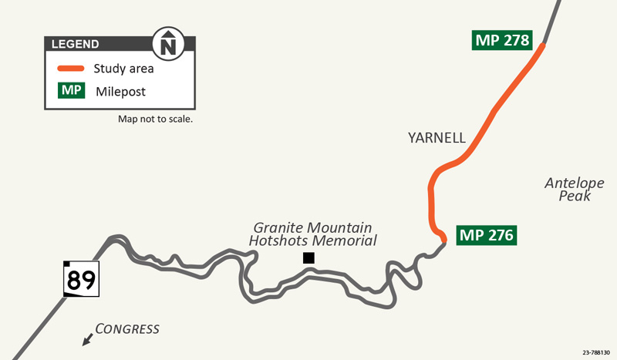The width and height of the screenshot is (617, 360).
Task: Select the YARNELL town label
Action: coord(437,138)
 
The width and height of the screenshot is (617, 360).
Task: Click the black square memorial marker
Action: coord(308,258)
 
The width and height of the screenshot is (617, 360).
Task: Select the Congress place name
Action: coord(127,329)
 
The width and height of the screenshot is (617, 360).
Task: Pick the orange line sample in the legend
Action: coord(70,69)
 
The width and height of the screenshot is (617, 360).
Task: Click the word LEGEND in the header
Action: coord(75,44)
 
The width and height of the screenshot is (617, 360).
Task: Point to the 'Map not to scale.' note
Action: coord(154,119)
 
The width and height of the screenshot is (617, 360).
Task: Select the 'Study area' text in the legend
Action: coord(123,69)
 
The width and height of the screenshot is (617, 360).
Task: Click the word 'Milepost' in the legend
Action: coord(120,92)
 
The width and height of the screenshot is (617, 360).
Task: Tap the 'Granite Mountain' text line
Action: coord(313,227)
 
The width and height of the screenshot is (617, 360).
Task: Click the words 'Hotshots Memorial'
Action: coord(312,241)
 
